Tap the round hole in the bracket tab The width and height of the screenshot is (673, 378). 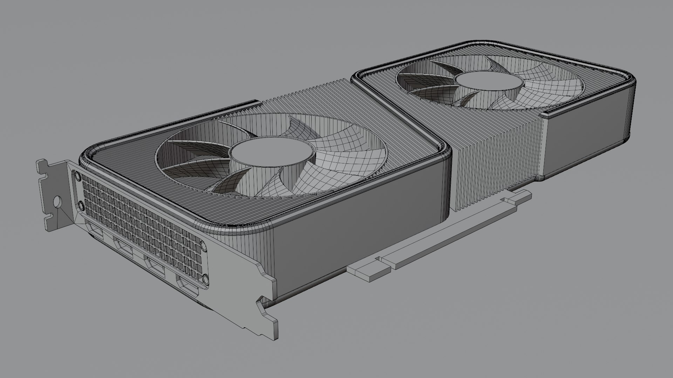pyautogui.click(x=57, y=202)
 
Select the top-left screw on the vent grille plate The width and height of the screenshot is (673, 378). pyautogui.click(x=77, y=175)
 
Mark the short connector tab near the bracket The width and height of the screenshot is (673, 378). pyautogui.click(x=368, y=272)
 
